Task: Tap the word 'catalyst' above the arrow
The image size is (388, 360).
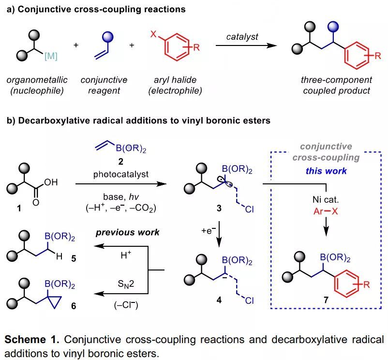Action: tap(242, 37)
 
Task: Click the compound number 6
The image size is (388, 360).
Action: tap(74, 307)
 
